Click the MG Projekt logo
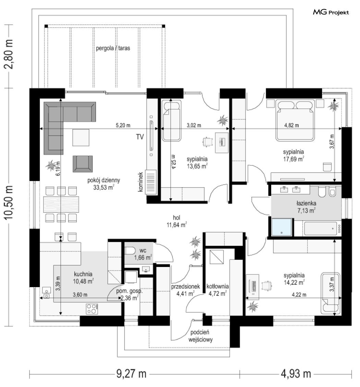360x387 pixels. point(331,12)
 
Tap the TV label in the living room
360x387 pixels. point(140,137)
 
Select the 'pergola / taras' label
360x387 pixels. point(113,48)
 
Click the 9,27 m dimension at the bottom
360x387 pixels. point(131,374)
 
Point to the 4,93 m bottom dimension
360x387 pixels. point(296,374)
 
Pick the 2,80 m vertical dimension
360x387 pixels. point(8,54)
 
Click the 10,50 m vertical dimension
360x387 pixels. point(8,202)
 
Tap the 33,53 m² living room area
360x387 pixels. point(104,188)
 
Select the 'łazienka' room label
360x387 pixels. point(306,203)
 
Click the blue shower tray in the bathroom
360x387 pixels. point(281,227)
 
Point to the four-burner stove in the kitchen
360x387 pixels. point(92,309)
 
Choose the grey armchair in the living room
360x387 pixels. point(83,164)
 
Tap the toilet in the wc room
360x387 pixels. point(130,251)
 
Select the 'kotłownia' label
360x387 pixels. point(217,286)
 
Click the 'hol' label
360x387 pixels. point(177,218)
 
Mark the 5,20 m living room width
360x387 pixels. point(123,125)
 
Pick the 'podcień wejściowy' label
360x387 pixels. point(200,336)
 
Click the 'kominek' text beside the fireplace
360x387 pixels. point(141,182)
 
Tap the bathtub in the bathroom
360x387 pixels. point(321,228)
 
